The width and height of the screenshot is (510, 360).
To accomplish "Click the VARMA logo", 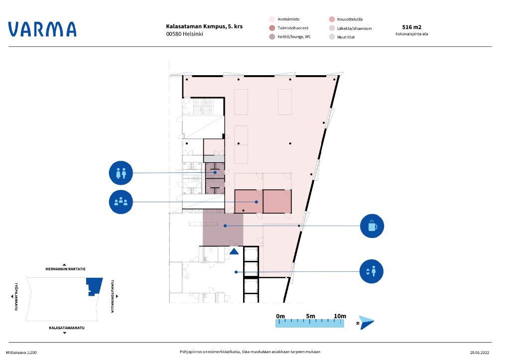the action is pos(42,29).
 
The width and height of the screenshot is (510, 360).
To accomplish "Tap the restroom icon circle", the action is pos(121,173).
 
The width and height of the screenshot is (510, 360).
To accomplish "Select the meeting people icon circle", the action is pos(121,202).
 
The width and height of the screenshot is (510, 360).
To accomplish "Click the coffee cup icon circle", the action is pos(372,226).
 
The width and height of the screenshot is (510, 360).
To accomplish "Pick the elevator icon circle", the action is pos(372,271).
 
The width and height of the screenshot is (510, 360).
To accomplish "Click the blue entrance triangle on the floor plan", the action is pos(234,251).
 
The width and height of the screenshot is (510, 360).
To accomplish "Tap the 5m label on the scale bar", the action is pos(310,316).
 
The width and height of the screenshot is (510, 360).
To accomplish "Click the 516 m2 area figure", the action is pos(411,27).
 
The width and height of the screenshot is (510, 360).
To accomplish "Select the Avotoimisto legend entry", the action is pos(284,19).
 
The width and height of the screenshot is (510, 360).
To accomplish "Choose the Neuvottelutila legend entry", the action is pos(346,19).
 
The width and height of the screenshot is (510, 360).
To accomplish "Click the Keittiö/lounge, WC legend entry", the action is pos(290,37).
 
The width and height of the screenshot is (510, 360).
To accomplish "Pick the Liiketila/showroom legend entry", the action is pos(350,28).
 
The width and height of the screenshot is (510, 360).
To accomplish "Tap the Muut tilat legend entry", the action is pos(342,37).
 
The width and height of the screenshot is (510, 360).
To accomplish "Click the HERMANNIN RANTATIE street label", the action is pos(65,269).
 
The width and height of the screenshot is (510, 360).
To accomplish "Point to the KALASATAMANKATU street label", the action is pos(67,328).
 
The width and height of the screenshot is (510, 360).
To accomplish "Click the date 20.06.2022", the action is pos(480,352).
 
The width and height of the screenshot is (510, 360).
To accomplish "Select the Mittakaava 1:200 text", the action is pos(21,353).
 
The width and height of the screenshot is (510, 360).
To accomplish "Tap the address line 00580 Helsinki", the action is pos(184,34).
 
